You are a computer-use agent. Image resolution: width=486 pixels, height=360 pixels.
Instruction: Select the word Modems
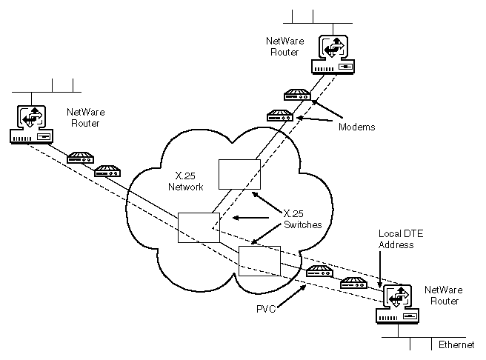[x=357, y=127]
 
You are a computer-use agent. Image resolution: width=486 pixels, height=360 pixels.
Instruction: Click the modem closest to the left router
[x=79, y=158]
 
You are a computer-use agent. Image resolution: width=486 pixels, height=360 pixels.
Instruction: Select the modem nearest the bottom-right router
[x=353, y=282]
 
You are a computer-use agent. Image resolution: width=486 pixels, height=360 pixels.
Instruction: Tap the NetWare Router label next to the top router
[x=283, y=47]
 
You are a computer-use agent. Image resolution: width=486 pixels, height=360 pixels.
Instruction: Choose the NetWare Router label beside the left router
[x=84, y=117]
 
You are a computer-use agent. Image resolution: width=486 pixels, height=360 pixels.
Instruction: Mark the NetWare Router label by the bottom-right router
[x=442, y=296]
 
